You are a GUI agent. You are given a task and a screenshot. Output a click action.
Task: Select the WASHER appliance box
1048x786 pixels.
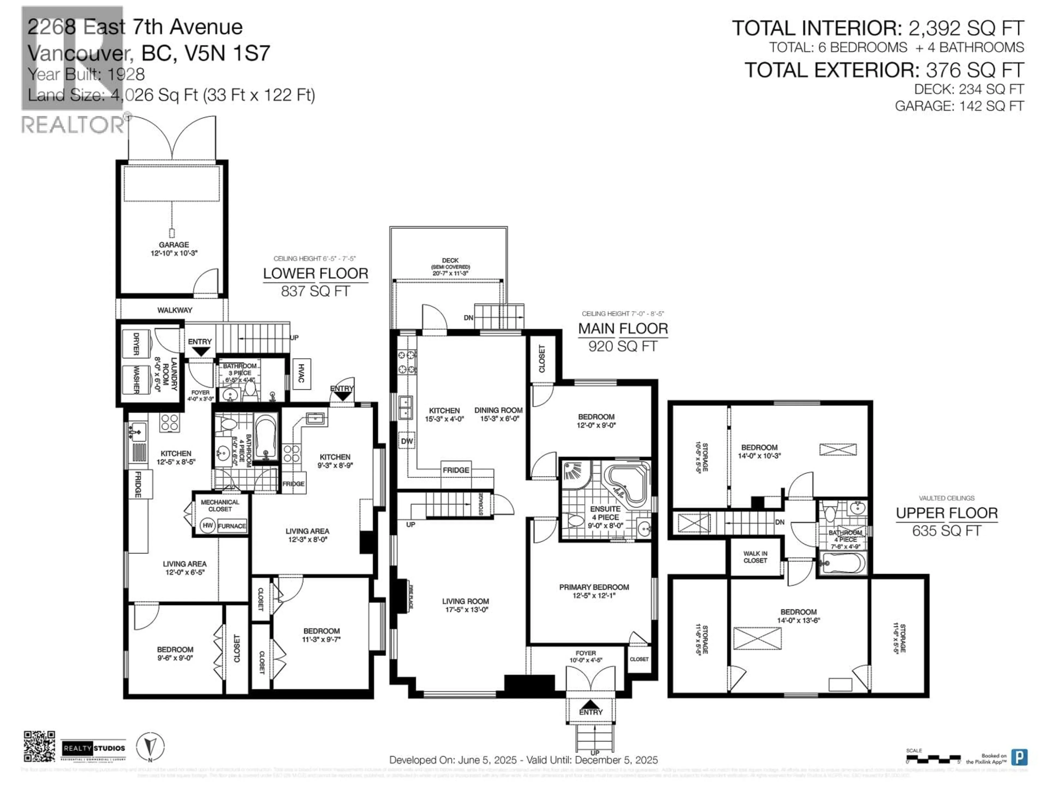[x=136, y=380]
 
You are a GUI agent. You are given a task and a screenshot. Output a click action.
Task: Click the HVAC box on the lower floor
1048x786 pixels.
[x=301, y=374]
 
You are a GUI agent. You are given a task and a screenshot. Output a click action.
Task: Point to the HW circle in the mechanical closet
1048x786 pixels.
[x=207, y=525]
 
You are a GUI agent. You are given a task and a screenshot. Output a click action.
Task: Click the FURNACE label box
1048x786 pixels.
[x=232, y=526]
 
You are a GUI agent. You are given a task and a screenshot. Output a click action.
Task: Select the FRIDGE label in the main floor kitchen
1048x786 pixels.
[x=456, y=470]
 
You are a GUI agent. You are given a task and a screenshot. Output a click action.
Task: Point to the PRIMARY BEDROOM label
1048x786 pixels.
[x=594, y=587]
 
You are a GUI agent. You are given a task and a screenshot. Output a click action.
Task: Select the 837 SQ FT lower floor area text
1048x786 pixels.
[x=315, y=291]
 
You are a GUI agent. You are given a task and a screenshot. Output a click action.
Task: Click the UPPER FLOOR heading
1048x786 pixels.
[x=946, y=513]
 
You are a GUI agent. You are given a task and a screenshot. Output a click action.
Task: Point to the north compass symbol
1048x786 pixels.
[x=150, y=747]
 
